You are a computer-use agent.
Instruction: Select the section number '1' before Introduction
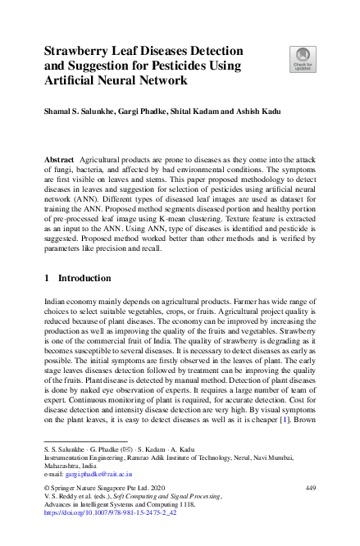pyautogui.click(x=47, y=278)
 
